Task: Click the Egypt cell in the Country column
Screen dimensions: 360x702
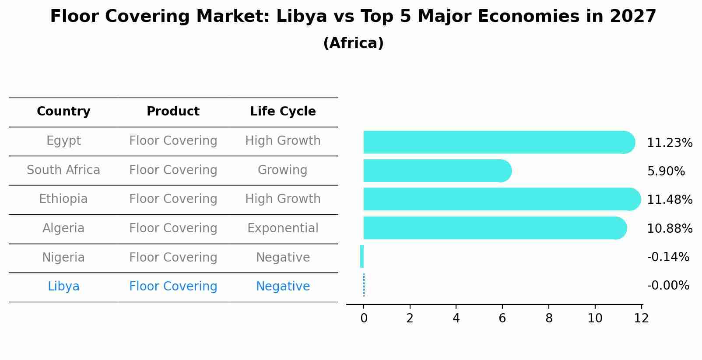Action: point(63,141)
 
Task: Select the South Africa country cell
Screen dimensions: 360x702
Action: point(63,170)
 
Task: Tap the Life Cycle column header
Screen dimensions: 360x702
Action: point(283,112)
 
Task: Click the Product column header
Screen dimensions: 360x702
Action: point(173,112)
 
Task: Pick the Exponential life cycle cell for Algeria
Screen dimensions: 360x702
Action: point(283,228)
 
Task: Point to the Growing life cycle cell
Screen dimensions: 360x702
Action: point(283,170)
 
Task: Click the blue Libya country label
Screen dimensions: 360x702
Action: point(63,287)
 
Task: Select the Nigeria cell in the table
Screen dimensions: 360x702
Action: point(63,258)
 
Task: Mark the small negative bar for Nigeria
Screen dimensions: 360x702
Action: point(362,256)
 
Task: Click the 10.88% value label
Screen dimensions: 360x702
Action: point(669,229)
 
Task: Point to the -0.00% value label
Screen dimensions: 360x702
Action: point(668,286)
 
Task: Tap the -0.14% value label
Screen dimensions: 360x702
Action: point(668,257)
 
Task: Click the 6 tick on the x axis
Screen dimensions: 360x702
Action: point(502,318)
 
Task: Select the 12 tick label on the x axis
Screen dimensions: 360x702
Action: point(641,318)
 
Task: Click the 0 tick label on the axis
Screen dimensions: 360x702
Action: point(364,318)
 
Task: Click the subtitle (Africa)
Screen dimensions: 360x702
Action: point(353,43)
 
